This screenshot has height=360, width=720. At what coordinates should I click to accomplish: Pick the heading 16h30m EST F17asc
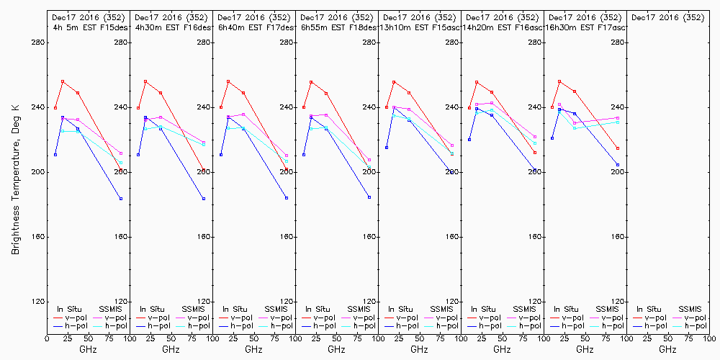(586, 27)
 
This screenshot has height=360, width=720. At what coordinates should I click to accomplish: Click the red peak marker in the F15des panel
(63, 81)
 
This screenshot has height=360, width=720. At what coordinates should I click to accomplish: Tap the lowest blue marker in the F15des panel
(121, 198)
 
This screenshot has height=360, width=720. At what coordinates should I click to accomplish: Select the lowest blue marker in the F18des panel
(369, 197)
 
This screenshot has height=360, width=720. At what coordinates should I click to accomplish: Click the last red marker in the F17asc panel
(618, 148)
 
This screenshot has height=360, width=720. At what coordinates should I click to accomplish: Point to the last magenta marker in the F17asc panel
(618, 118)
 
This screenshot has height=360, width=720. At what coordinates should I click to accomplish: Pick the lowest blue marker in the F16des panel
(204, 198)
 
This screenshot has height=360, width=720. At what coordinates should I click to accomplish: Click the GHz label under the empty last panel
(667, 349)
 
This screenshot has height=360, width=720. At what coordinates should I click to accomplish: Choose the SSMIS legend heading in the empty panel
(690, 309)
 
